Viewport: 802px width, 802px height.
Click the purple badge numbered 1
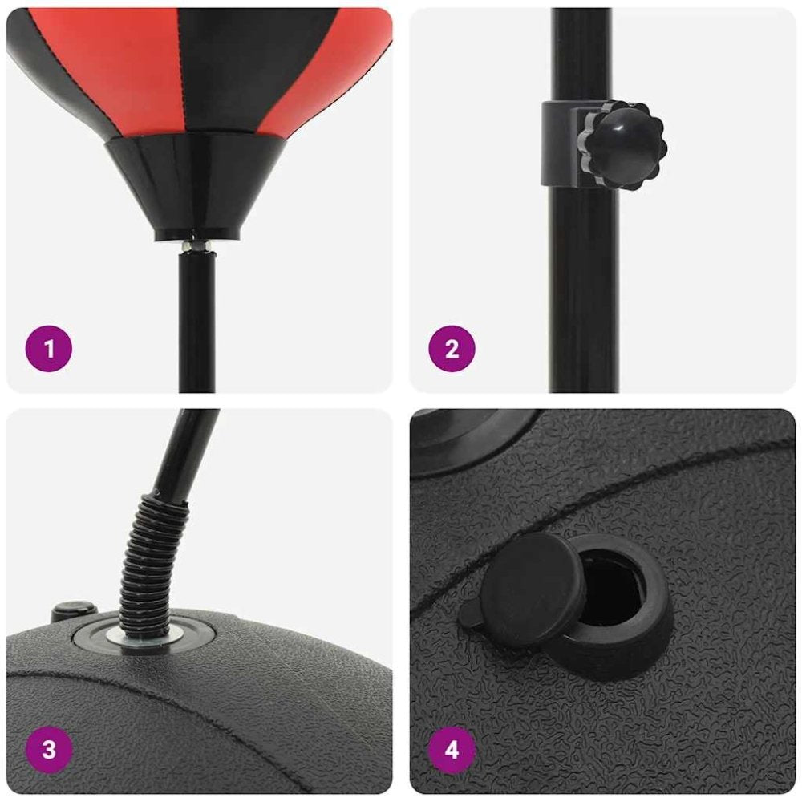point(49,349)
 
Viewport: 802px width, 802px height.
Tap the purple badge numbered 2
point(452,349)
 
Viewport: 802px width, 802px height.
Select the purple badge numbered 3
point(49,750)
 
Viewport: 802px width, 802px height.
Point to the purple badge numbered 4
point(452,750)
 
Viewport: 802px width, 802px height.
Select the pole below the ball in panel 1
point(196,321)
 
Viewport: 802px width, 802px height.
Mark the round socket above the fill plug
point(473,437)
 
